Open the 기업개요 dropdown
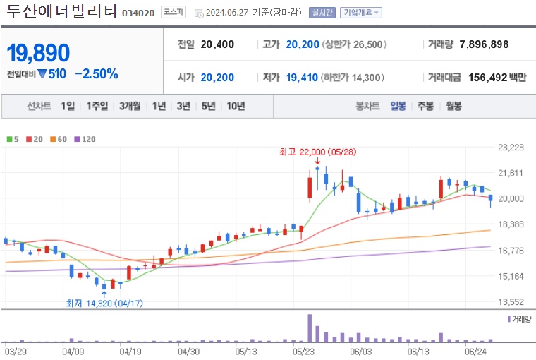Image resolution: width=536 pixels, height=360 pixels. pyautogui.click(x=360, y=13)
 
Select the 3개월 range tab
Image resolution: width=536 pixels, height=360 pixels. pyautogui.click(x=130, y=106)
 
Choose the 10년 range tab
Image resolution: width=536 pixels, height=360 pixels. pyautogui.click(x=236, y=106)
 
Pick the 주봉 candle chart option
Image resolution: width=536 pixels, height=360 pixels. pyautogui.click(x=425, y=106)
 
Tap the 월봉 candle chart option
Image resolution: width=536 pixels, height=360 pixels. pyautogui.click(x=453, y=106)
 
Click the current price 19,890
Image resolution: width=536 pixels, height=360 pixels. pyautogui.click(x=39, y=52)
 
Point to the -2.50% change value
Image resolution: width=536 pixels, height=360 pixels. pyautogui.click(x=96, y=73)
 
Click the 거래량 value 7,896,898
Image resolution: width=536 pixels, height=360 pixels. pyautogui.click(x=484, y=44)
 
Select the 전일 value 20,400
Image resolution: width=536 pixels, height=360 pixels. pyautogui.click(x=217, y=44)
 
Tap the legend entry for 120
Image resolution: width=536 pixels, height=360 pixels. pyautogui.click(x=85, y=139)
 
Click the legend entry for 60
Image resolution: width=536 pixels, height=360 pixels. pyautogui.click(x=61, y=139)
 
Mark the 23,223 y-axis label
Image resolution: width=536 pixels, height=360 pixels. pyautogui.click(x=511, y=148)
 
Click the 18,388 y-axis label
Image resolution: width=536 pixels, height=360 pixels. pyautogui.click(x=511, y=224)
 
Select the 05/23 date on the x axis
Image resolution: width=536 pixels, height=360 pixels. pyautogui.click(x=303, y=350)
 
